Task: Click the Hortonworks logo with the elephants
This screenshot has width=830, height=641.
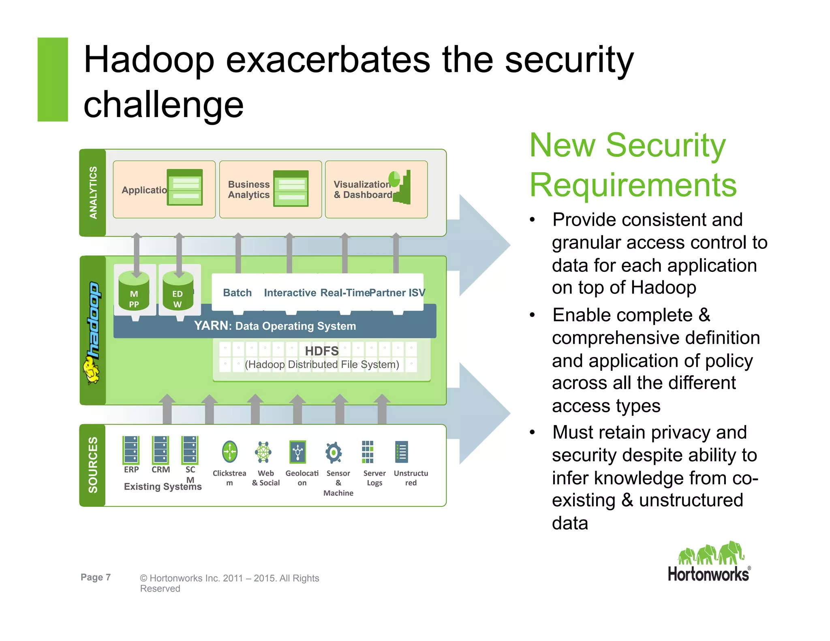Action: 709,562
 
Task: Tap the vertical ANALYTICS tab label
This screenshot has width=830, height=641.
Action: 93,193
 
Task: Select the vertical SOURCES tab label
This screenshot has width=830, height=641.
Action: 93,465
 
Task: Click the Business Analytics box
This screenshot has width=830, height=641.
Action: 270,189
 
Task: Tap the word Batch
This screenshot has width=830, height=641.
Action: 237,293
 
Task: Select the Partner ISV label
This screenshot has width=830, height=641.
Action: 397,293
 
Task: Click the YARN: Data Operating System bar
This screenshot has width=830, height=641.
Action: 275,326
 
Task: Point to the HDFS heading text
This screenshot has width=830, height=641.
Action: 321,351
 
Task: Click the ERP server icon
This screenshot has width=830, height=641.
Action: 131,450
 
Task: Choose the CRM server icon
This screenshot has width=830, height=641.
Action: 160,450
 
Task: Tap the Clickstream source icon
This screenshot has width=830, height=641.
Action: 229,452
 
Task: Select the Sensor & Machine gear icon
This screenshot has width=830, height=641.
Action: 334,452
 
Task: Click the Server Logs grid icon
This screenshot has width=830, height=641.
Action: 367,452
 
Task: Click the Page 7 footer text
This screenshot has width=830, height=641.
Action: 96,577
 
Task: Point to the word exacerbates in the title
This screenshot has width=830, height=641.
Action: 327,60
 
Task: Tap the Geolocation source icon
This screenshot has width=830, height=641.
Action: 298,452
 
